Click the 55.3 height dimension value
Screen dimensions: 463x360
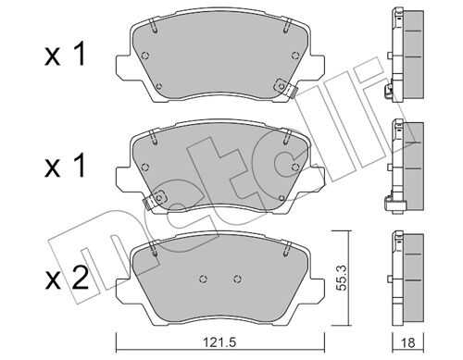tap(342, 278)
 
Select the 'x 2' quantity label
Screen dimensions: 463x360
tap(67, 279)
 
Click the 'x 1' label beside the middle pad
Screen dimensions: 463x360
tap(64, 166)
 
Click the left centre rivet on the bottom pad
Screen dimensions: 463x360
tap(203, 279)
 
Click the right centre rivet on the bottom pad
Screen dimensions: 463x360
tap(237, 279)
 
